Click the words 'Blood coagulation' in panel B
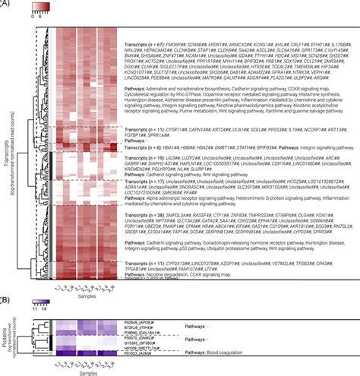coord(203,353)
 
